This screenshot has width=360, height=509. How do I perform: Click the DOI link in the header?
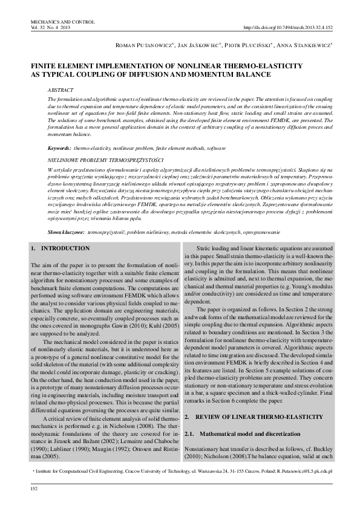tap(287, 28)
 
